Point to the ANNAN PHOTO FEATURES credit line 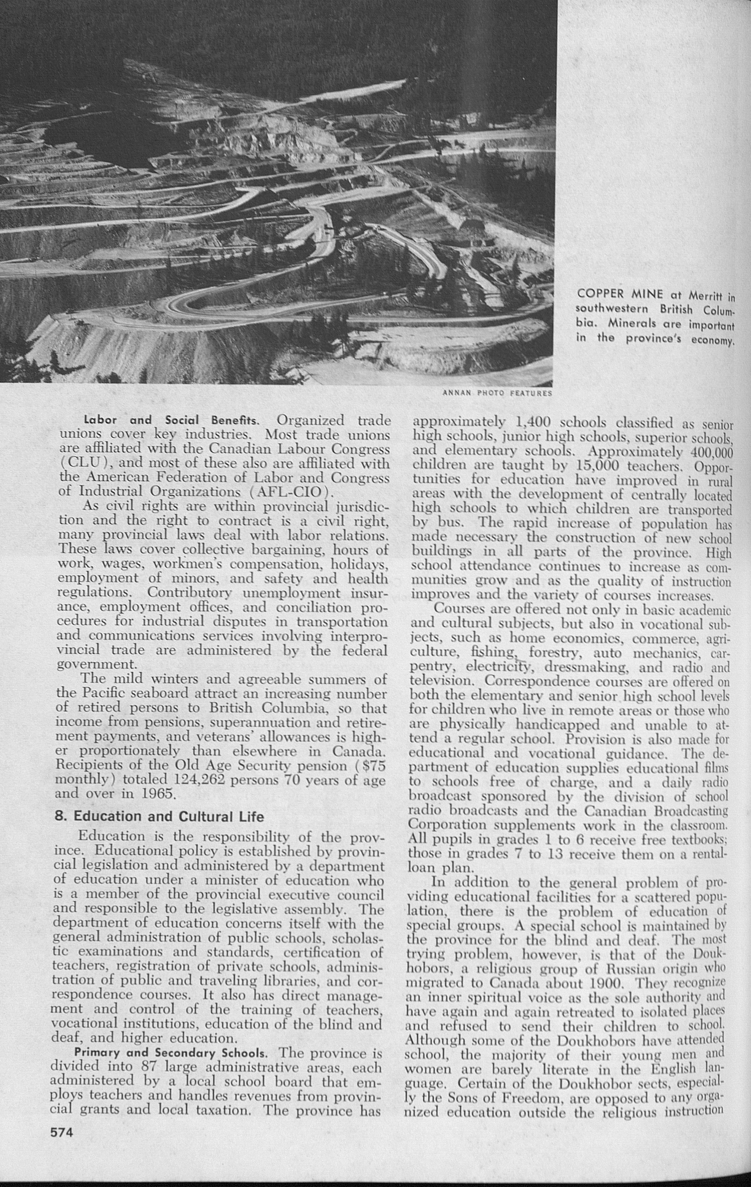(498, 392)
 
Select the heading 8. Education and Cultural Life (167, 817)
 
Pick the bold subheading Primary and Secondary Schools (172, 1053)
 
